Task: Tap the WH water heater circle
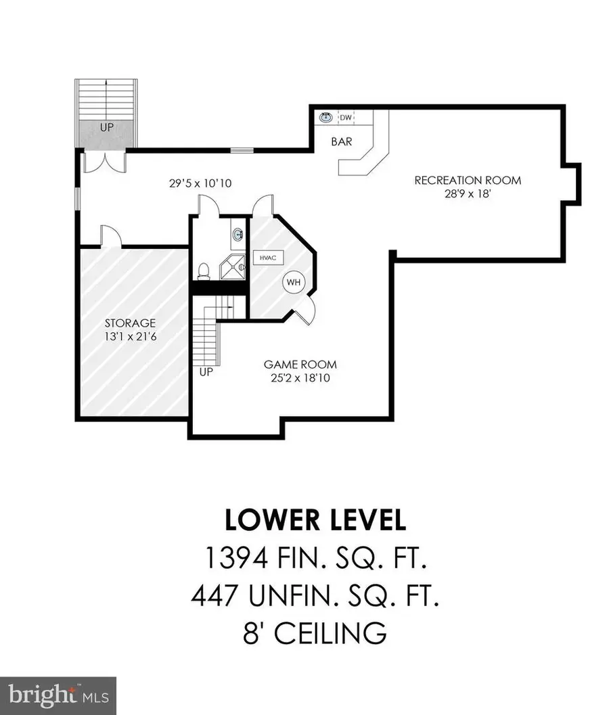pyautogui.click(x=294, y=281)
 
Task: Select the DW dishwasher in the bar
pyautogui.click(x=346, y=118)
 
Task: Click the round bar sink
pyautogui.click(x=326, y=118)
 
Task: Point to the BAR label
pyautogui.click(x=340, y=143)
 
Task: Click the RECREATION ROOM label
pyautogui.click(x=468, y=180)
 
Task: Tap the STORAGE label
pyautogui.click(x=130, y=323)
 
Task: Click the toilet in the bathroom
pyautogui.click(x=204, y=271)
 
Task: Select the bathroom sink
pyautogui.click(x=238, y=235)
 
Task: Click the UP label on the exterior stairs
pyautogui.click(x=106, y=127)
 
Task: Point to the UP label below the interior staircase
pyautogui.click(x=205, y=372)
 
